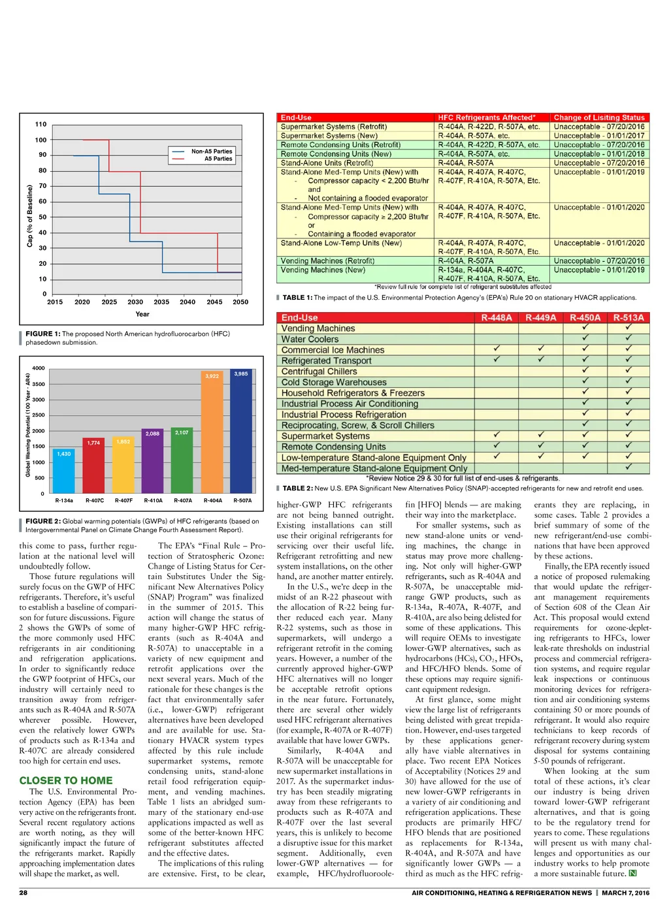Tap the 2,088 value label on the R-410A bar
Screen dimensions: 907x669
click(x=152, y=434)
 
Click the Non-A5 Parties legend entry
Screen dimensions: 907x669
click(x=211, y=151)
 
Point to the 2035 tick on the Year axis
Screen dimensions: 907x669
click(x=161, y=302)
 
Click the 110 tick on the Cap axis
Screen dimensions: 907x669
click(x=41, y=124)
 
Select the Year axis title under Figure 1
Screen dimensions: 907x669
click(x=142, y=314)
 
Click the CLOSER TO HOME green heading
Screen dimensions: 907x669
click(x=66, y=780)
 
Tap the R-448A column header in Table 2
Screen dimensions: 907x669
click(x=497, y=318)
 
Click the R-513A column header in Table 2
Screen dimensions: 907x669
click(x=628, y=318)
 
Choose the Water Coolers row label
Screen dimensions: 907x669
click(x=310, y=340)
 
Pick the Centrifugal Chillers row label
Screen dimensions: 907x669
click(x=319, y=372)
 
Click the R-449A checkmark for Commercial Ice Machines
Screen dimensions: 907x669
click(x=541, y=349)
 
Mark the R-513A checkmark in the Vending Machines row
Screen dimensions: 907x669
click(x=628, y=328)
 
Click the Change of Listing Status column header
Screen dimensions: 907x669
click(x=599, y=118)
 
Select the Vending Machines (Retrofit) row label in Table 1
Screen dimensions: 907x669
click(x=327, y=261)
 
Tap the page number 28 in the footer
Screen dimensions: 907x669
click(x=24, y=893)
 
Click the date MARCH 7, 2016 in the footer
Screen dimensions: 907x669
click(x=625, y=893)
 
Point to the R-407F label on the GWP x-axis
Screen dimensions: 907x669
click(x=123, y=501)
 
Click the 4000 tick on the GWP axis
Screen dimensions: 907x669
click(x=39, y=368)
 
